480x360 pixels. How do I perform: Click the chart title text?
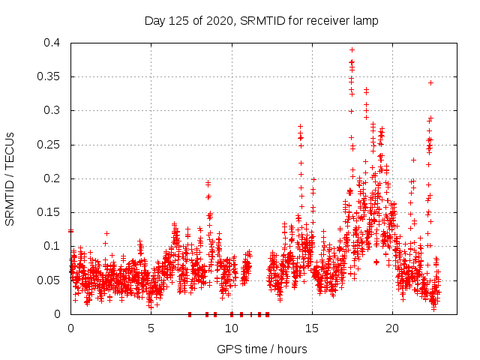pos(261,21)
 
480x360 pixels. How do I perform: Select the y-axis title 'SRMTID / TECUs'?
pos(10,178)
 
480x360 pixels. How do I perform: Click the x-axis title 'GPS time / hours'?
pos(261,349)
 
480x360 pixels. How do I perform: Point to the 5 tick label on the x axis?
pos(151,328)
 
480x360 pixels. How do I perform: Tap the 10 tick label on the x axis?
pos(231,328)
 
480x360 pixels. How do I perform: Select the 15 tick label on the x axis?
pos(311,328)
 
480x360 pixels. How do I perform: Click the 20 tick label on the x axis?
pos(392,328)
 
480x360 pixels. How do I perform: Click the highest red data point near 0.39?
pos(352,49)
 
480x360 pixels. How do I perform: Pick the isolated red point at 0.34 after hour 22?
pos(430,82)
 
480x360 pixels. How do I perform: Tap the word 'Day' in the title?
pos(154,21)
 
